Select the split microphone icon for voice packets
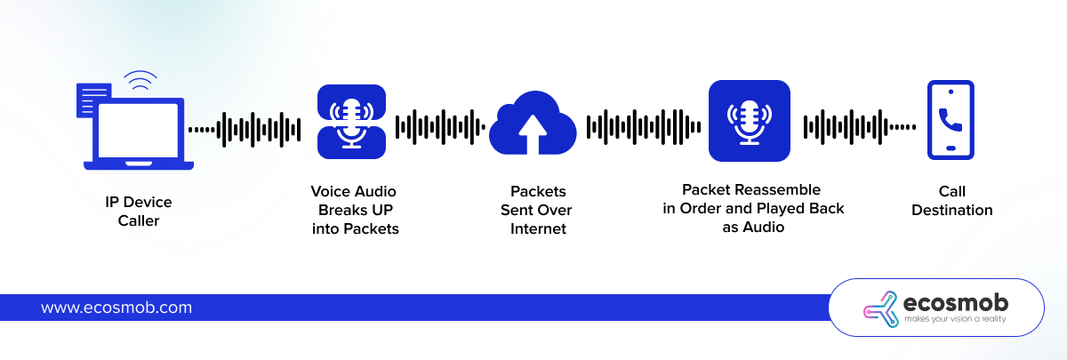point(352,122)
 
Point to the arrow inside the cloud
point(533,133)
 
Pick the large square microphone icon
point(749,121)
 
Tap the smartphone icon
point(951,120)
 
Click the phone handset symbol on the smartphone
point(951,116)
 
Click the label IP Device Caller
point(139,212)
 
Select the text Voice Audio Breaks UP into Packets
point(355,210)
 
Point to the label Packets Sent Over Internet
point(538,210)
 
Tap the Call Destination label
point(951,201)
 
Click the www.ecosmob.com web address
point(116,308)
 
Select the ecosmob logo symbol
point(881,308)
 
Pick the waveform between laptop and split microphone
point(249,129)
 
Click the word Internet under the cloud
point(538,229)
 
